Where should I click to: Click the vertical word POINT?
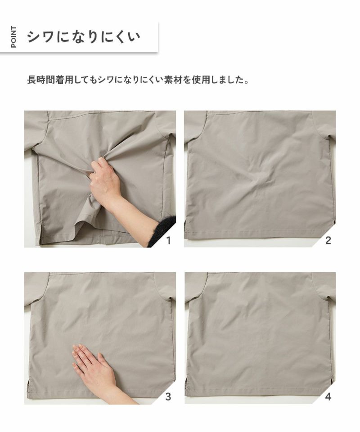13,36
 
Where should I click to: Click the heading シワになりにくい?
83,36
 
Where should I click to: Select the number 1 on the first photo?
168,240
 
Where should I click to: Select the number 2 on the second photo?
328,240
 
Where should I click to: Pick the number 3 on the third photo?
168,397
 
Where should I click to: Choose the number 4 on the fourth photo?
328,397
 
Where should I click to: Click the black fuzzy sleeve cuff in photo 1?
162,230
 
